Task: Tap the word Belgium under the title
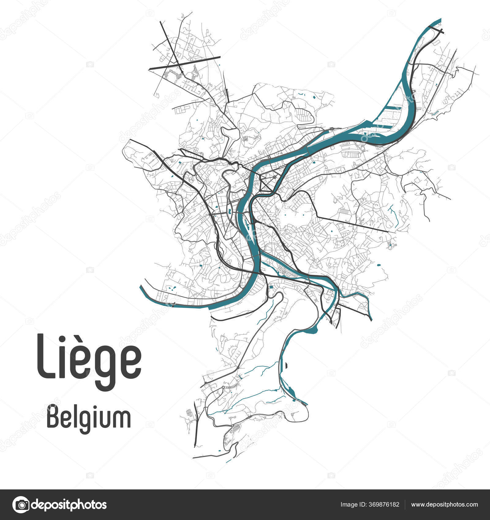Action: click(89, 418)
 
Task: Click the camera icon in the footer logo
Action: click(21, 504)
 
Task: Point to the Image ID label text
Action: click(354, 505)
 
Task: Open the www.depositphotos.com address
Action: click(444, 505)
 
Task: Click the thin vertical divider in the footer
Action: click(405, 505)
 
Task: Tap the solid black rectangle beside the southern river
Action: click(286, 365)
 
